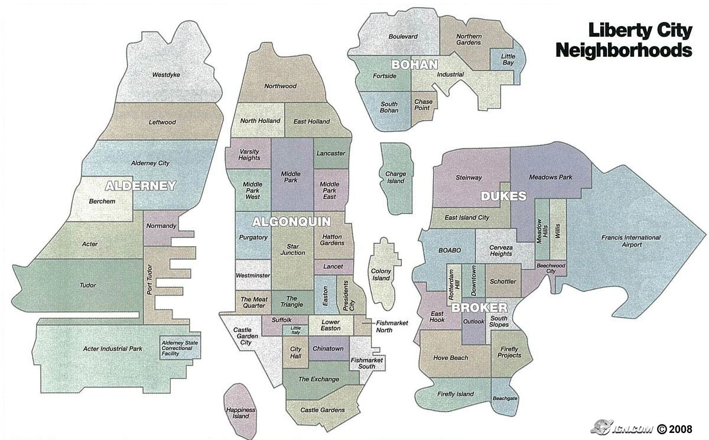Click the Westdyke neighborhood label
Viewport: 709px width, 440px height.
tap(166, 75)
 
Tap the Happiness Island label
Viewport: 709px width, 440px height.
tap(240, 413)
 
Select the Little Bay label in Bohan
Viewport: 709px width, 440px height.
tap(508, 60)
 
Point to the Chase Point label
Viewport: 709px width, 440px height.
tap(423, 105)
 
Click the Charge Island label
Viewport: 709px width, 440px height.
tap(395, 177)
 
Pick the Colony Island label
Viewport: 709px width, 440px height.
tap(381, 274)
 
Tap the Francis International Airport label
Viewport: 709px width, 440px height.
tap(631, 241)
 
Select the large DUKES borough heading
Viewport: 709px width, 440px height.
tap(503, 196)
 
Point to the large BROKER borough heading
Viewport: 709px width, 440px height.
tap(479, 308)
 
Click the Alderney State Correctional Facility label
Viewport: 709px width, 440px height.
tap(181, 346)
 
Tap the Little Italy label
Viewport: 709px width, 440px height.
tap(295, 331)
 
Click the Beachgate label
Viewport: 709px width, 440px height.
tap(505, 399)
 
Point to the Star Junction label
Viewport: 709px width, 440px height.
tap(292, 249)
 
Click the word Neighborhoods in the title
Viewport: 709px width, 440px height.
tap(623, 50)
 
